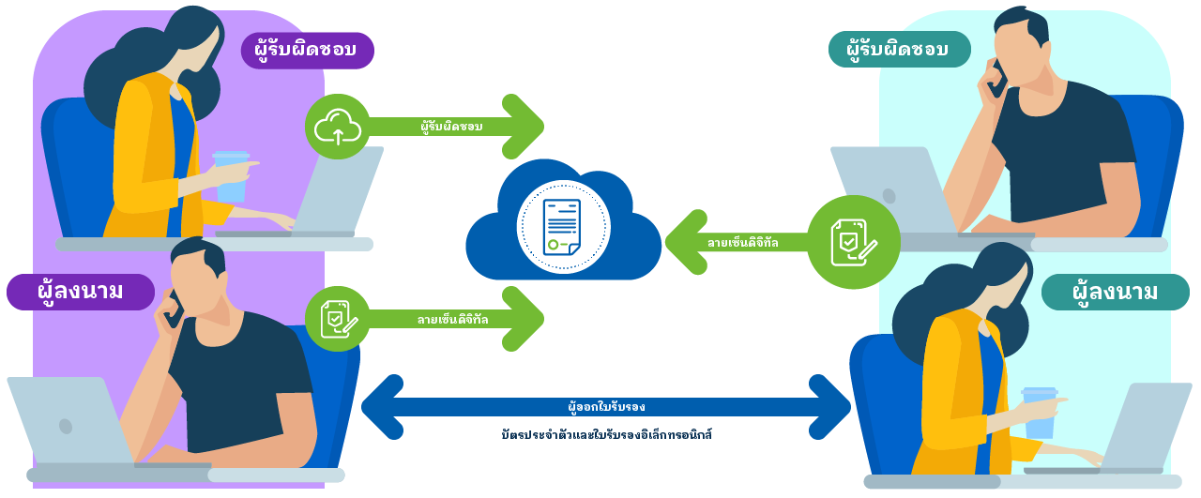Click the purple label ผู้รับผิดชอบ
[307, 51]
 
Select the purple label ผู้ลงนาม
[80, 292]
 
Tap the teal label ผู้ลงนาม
[1115, 292]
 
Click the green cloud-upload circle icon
[338, 127]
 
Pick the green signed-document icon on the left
[338, 319]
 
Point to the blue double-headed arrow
[605, 407]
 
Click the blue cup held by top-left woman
[231, 176]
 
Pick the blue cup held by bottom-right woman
[1039, 413]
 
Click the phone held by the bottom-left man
[174, 309]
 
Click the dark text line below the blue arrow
[607, 435]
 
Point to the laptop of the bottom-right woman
[1135, 427]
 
